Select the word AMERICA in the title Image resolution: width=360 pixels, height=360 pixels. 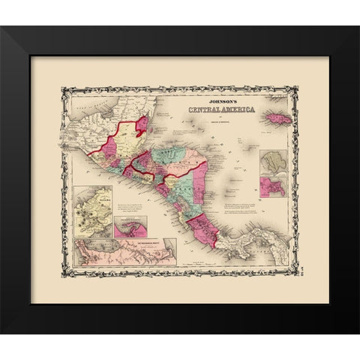[x=234, y=112]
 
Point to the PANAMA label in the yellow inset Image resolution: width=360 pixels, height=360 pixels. [x=87, y=200]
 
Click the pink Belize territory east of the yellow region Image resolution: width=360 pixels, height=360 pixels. [x=139, y=124]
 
